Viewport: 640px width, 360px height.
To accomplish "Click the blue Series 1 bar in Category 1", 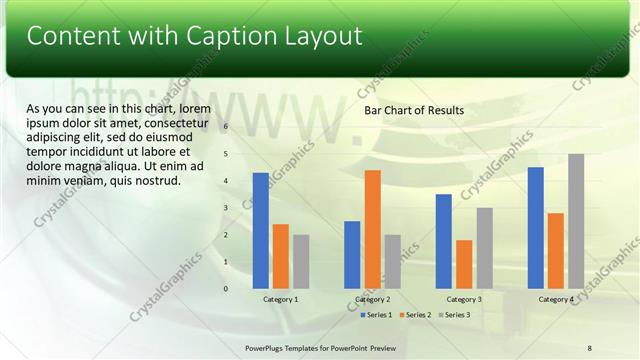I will [261, 231].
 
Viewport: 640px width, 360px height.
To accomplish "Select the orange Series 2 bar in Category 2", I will [372, 229].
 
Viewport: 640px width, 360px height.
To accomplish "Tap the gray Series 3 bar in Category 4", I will [576, 221].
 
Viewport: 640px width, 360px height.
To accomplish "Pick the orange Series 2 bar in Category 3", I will [464, 264].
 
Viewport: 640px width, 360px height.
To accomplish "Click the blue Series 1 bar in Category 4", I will [536, 228].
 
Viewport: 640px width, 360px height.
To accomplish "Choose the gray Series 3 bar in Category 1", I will [301, 262].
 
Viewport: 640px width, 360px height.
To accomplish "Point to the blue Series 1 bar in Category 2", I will [352, 255].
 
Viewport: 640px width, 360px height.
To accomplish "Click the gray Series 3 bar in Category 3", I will [484, 248].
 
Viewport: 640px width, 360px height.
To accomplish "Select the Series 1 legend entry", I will [376, 315].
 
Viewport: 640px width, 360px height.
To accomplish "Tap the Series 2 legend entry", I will [416, 315].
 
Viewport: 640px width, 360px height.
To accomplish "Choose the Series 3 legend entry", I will [456, 315].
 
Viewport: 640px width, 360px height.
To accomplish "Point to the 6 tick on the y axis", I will [226, 127].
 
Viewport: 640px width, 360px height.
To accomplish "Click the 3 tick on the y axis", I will [226, 208].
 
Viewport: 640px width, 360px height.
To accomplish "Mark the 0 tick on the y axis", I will [226, 289].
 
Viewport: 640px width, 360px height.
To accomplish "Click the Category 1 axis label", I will [281, 300].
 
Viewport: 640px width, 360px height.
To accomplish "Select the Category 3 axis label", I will [464, 300].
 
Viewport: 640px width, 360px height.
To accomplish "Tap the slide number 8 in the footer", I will [590, 346].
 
